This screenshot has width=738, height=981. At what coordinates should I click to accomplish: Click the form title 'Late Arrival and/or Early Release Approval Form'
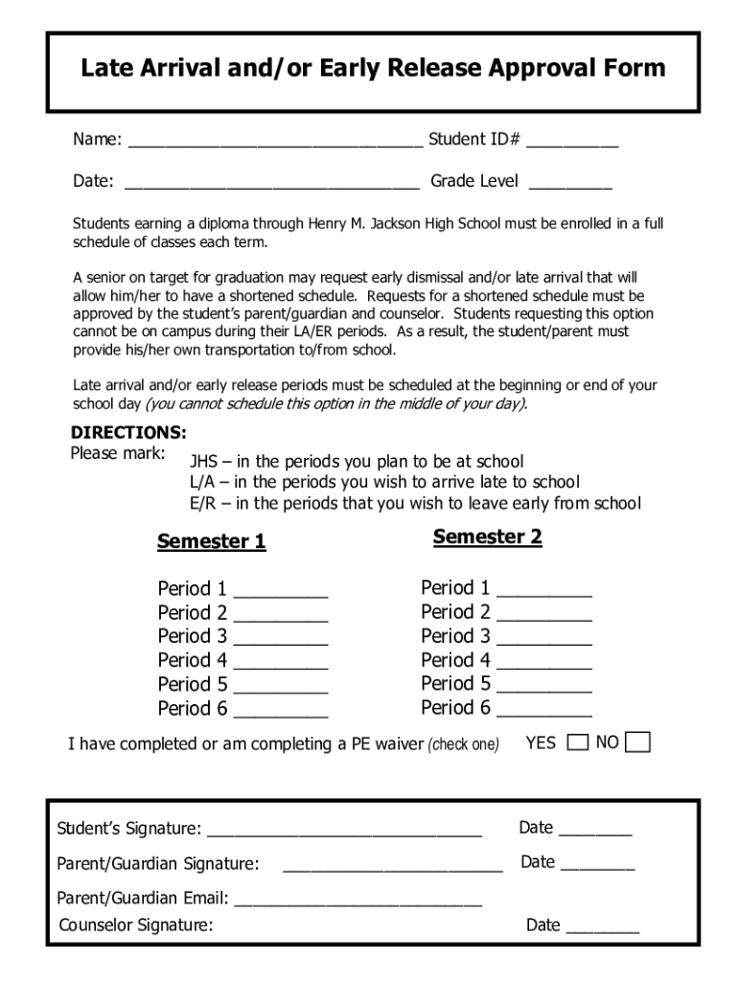click(x=372, y=68)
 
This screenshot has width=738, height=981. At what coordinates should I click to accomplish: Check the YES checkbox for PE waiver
click(x=578, y=742)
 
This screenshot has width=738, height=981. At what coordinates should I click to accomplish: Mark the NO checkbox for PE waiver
click(x=638, y=742)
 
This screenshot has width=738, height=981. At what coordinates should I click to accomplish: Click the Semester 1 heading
click(x=211, y=541)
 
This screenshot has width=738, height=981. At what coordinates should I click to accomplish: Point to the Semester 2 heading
click(x=487, y=536)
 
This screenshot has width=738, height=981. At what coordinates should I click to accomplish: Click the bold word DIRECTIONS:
click(x=129, y=432)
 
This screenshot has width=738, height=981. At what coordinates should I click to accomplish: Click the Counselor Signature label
click(x=135, y=925)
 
